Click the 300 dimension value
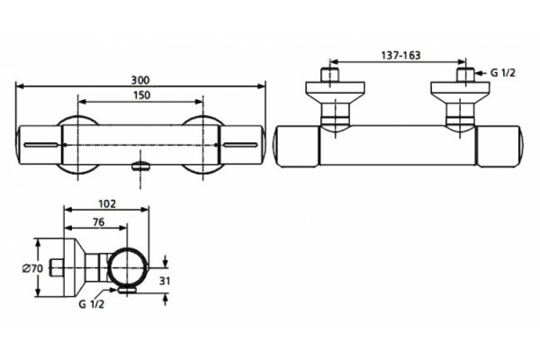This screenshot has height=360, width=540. point(140,80)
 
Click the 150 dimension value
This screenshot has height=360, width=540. point(141,94)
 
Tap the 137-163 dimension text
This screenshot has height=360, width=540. point(400,55)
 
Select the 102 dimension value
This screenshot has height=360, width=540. point(107,204)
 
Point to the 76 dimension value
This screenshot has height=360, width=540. point(98,222)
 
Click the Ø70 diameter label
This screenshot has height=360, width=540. point(32,268)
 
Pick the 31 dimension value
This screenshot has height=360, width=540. point(165,281)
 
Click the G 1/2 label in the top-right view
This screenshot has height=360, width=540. point(503,73)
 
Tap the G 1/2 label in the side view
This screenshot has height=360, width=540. point(92,304)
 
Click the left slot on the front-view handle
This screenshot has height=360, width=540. point(41,145)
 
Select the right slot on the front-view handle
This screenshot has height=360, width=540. point(240,145)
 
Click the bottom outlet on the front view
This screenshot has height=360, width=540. point(140,166)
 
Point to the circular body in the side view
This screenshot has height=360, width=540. point(128,267)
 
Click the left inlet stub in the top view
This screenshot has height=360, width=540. point(330,75)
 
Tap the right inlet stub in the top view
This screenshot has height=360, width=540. point(465,75)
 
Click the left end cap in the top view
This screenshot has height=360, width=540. point(296,147)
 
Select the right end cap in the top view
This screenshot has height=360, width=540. point(499,147)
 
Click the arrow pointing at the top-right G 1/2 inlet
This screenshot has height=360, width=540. point(481,73)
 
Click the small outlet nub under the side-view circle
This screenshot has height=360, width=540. point(127,291)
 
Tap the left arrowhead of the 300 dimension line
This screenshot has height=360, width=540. point(19,85)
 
